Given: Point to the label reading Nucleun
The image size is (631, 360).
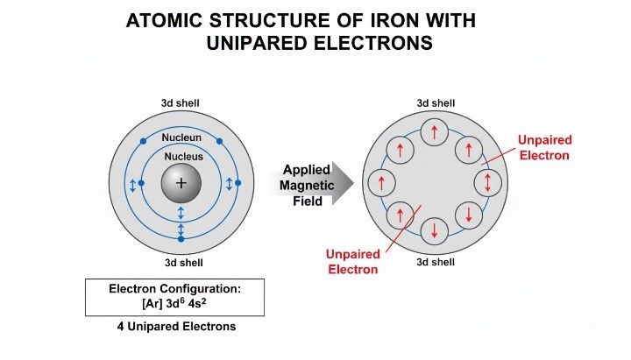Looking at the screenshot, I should coord(181,138).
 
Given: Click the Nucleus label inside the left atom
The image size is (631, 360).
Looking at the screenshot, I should coord(181,156).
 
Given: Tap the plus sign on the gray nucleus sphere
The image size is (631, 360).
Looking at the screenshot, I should coord(181,183).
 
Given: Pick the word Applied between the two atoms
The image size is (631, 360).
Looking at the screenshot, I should coord(306,169).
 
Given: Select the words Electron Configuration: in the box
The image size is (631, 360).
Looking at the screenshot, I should coord(174,288).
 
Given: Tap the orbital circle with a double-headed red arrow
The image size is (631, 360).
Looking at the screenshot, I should coord(487,183).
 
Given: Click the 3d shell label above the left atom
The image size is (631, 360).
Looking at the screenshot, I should coord(180,103).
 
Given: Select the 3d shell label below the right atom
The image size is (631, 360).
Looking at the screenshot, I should coord(435,261).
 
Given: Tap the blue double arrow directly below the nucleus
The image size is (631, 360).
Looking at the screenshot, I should coord(181,213).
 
